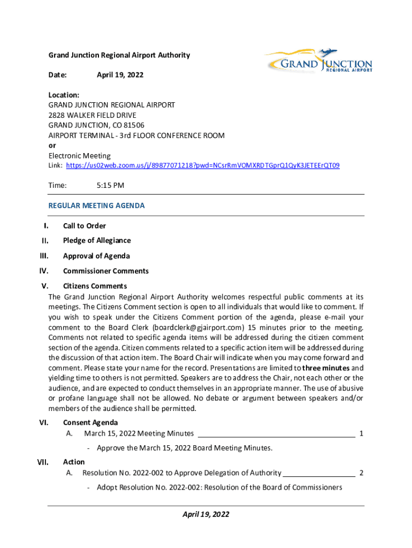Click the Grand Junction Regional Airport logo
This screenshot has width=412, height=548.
coord(319,62)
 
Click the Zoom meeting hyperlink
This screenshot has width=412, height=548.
coord(202,166)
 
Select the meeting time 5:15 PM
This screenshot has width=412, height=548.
coord(110,186)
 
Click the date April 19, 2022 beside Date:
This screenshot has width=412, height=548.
coord(120,75)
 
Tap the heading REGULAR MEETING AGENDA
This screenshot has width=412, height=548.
coord(96,205)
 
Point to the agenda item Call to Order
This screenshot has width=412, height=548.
coord(85,226)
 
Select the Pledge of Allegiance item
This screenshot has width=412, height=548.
coord(97,241)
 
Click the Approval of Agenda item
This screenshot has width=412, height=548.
coord(96,256)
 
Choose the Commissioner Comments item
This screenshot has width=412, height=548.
coord(106,271)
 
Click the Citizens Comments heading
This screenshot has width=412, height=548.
coord(95,286)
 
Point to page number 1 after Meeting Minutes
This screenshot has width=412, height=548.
coord(362,433)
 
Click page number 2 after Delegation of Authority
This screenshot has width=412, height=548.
coord(362,473)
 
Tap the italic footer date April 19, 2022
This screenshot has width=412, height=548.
coord(206,514)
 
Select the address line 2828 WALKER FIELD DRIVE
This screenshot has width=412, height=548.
coord(93,116)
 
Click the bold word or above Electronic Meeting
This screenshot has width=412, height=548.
coord(52,146)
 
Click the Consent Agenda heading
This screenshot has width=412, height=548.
coord(90,423)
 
